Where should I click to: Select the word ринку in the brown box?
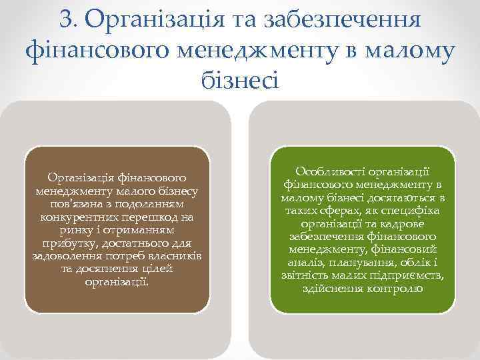66,230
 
